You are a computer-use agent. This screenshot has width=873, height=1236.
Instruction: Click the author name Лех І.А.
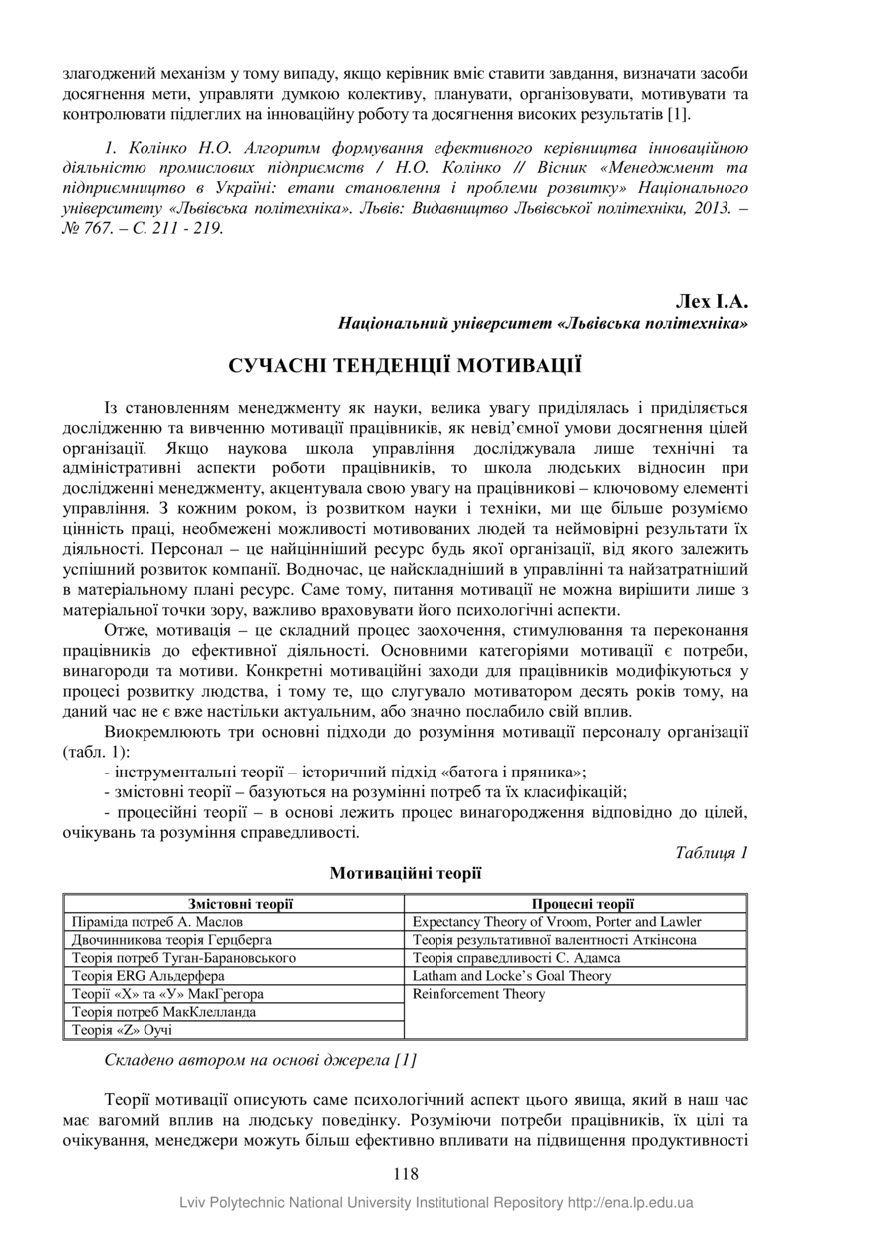(712, 301)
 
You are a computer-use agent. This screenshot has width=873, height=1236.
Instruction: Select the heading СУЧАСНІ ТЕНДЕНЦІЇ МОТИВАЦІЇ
(406, 363)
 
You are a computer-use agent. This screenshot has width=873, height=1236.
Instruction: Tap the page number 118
(406, 1174)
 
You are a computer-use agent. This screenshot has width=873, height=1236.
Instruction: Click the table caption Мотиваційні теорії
(406, 873)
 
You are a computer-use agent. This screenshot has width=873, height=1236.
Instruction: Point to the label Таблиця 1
(711, 852)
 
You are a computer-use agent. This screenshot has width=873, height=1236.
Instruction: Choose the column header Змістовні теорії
(233, 904)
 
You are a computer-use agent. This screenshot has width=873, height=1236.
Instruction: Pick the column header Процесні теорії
(576, 904)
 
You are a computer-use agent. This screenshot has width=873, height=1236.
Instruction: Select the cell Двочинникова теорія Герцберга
(171, 940)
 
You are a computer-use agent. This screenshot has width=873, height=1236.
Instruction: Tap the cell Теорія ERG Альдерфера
(148, 976)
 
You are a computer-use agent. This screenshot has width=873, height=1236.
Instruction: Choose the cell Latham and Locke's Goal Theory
(511, 976)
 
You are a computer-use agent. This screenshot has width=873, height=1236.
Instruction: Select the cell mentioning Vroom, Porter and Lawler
(556, 922)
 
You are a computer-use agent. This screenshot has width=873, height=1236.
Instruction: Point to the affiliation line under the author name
(543, 324)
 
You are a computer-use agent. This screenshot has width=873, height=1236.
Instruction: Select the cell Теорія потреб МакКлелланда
(164, 1012)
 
